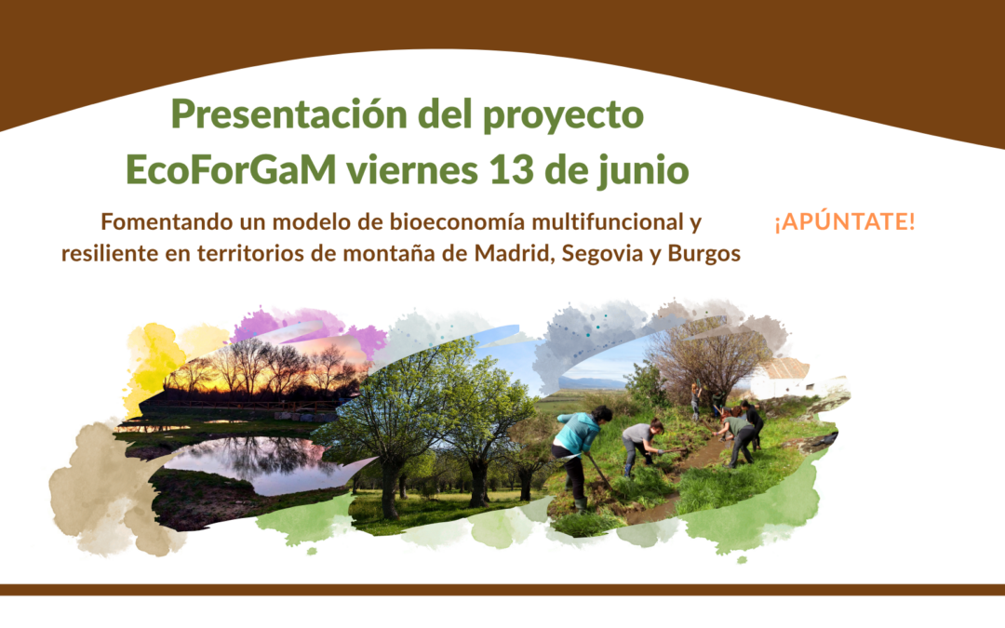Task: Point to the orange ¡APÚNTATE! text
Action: [844, 223]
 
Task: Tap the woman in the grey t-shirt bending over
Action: [640, 442]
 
